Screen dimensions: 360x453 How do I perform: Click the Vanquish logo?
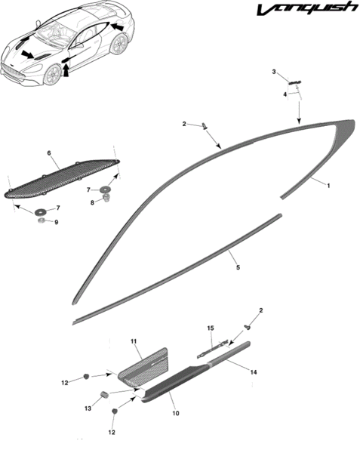pos(307,8)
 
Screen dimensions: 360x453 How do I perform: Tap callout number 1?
pos(328,186)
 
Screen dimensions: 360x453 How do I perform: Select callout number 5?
pos(238,267)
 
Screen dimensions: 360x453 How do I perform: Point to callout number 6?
pos(49,153)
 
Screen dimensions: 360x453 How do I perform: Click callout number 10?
pos(176,413)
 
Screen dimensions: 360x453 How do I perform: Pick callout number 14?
pos(254,372)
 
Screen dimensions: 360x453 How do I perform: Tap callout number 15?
pos(211,328)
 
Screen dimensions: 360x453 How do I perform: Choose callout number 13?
pos(88,408)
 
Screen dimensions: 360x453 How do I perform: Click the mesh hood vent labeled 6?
pos(62,179)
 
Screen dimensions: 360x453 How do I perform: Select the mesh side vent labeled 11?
pos(144,368)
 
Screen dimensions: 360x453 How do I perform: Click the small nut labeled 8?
pos(107,198)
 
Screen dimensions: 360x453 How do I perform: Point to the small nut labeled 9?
pos(41,221)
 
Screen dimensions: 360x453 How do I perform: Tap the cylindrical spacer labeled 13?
pos(104,394)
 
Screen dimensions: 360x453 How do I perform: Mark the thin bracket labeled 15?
pos(212,350)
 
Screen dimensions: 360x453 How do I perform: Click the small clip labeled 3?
pos(294,82)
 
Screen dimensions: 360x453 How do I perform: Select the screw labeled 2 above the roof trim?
pos(205,126)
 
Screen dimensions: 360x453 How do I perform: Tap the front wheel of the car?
pos(54,75)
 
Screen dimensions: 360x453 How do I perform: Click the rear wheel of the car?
pos(119,44)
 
